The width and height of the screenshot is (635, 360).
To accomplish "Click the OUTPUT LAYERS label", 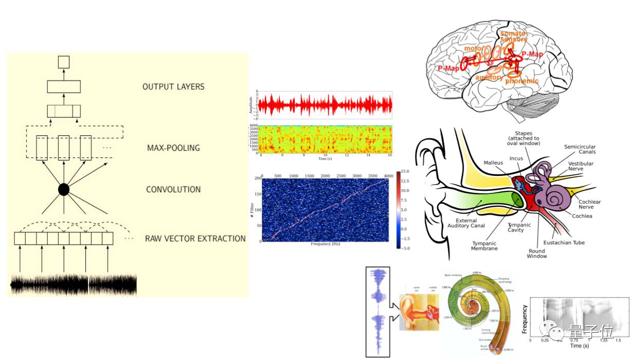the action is coord(173,87).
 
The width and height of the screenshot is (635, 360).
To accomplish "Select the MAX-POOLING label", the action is coord(173,148).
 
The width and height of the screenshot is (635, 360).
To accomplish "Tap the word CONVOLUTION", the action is coord(173,190).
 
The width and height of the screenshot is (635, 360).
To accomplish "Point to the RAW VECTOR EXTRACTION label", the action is coord(195,239).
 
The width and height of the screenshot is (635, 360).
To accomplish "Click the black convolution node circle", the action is coord(63,189).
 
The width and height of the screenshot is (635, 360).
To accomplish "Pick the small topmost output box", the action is coord(63,62).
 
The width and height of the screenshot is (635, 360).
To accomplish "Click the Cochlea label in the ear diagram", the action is coord(582,216).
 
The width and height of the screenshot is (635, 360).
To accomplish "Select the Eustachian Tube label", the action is coord(564,243).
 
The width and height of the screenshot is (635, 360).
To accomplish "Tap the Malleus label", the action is coord(493,163).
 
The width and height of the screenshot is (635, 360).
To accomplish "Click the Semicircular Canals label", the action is coord(579,150).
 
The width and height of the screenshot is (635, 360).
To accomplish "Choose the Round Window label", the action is coord(537,254).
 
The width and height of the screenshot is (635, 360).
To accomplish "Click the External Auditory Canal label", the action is coord(466,222).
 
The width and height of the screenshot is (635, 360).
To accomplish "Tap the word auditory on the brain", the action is coord(489,78).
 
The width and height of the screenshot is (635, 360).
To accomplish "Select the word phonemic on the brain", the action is coord(521,81).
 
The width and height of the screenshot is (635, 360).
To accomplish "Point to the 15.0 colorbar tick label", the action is coord(404,171).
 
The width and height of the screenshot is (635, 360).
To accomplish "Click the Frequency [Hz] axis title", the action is coord(325,244).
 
